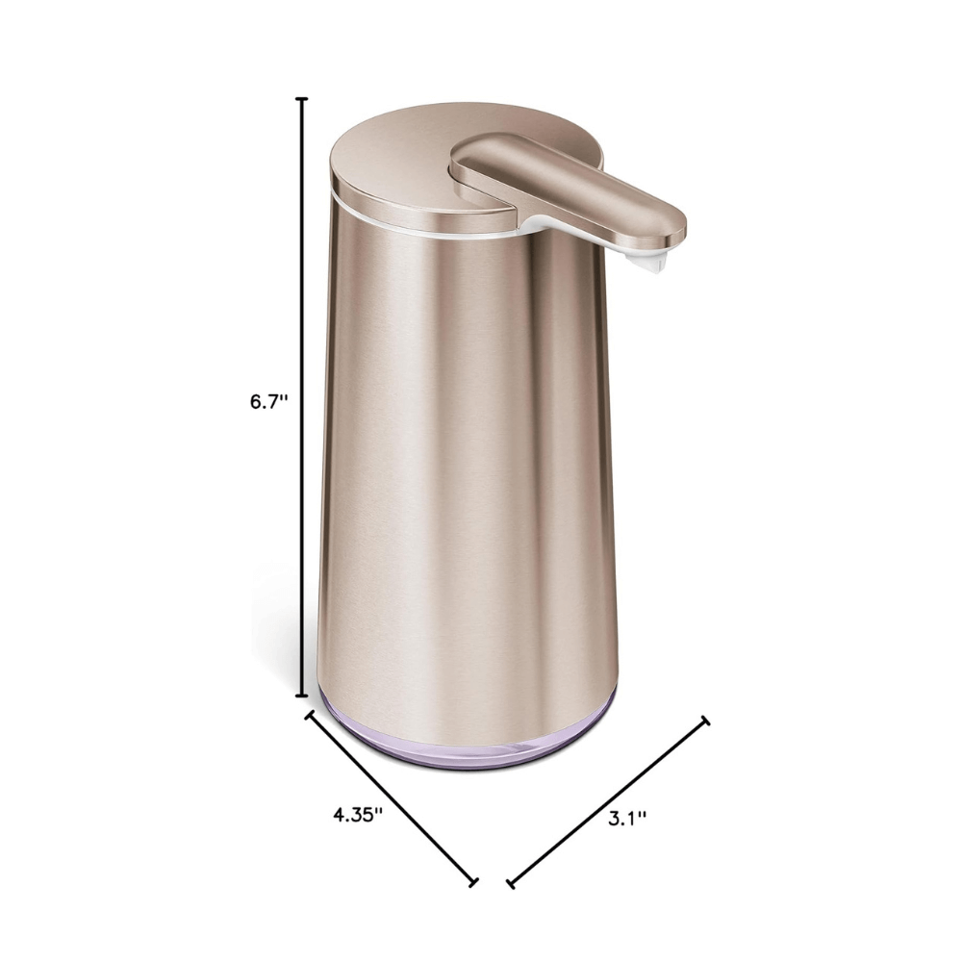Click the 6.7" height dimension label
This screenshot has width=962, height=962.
(269, 402)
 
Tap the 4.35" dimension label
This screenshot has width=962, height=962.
(358, 813)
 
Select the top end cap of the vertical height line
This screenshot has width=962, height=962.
(303, 99)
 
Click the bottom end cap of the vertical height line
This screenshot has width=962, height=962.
(303, 695)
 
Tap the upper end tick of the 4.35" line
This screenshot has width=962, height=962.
(310, 715)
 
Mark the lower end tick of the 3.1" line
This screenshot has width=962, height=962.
(510, 882)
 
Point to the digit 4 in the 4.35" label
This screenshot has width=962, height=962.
(339, 813)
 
